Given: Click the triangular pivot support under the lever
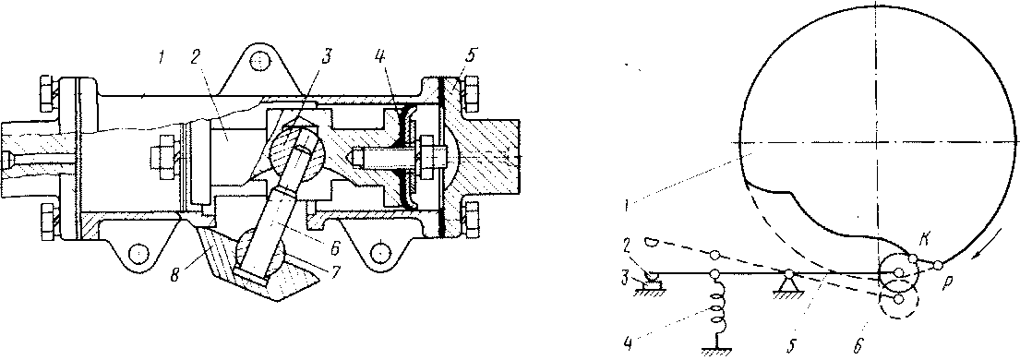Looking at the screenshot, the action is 788,283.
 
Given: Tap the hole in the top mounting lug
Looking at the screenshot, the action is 260,62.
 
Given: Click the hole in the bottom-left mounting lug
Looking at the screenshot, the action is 137,251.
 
